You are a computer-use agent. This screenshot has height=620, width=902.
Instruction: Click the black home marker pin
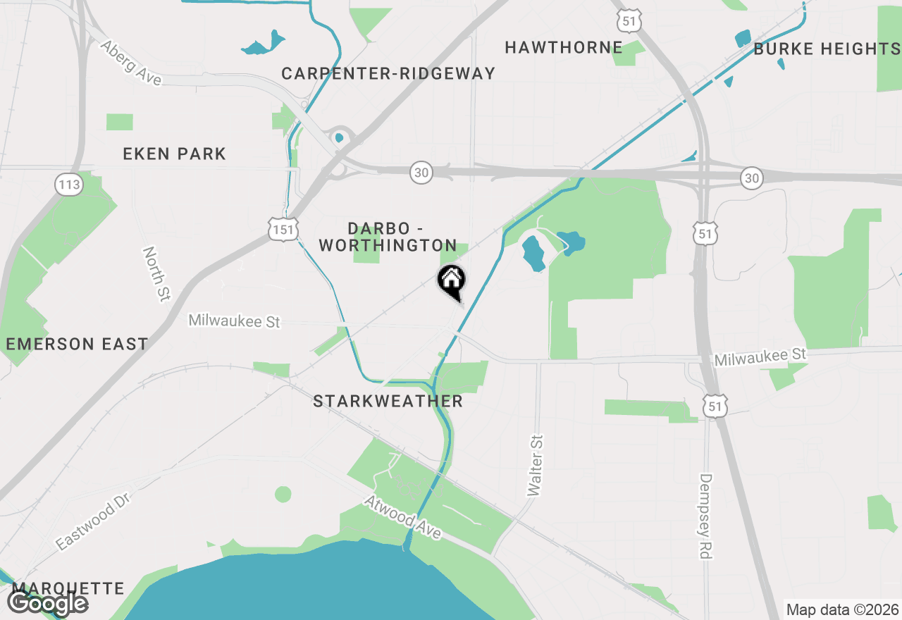tap(451, 280)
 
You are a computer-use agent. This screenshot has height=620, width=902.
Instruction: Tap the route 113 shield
tap(70, 185)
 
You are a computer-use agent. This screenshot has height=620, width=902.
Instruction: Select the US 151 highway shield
tap(283, 228)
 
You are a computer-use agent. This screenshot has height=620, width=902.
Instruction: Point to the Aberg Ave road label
tap(130, 63)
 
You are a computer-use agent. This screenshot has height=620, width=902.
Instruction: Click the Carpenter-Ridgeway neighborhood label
tap(388, 73)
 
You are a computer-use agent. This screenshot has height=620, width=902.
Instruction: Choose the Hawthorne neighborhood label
tap(564, 48)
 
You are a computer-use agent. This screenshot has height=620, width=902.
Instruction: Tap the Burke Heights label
tap(827, 49)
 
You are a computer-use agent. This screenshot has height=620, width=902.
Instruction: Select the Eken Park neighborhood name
tap(174, 154)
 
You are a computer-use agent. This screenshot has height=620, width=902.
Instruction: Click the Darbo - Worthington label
tap(388, 237)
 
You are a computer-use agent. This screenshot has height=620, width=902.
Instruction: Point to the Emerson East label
tap(77, 344)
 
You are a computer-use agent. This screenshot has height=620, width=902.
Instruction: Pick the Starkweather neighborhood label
tap(388, 401)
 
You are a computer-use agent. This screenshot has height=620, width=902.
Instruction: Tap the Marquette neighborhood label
tap(68, 588)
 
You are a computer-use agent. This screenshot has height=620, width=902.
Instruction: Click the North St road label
tap(156, 274)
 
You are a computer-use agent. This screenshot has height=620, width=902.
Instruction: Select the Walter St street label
tap(536, 465)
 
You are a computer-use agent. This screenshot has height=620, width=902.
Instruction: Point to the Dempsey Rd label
tap(706, 516)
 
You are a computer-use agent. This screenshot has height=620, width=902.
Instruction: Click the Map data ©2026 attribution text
tap(842, 609)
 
